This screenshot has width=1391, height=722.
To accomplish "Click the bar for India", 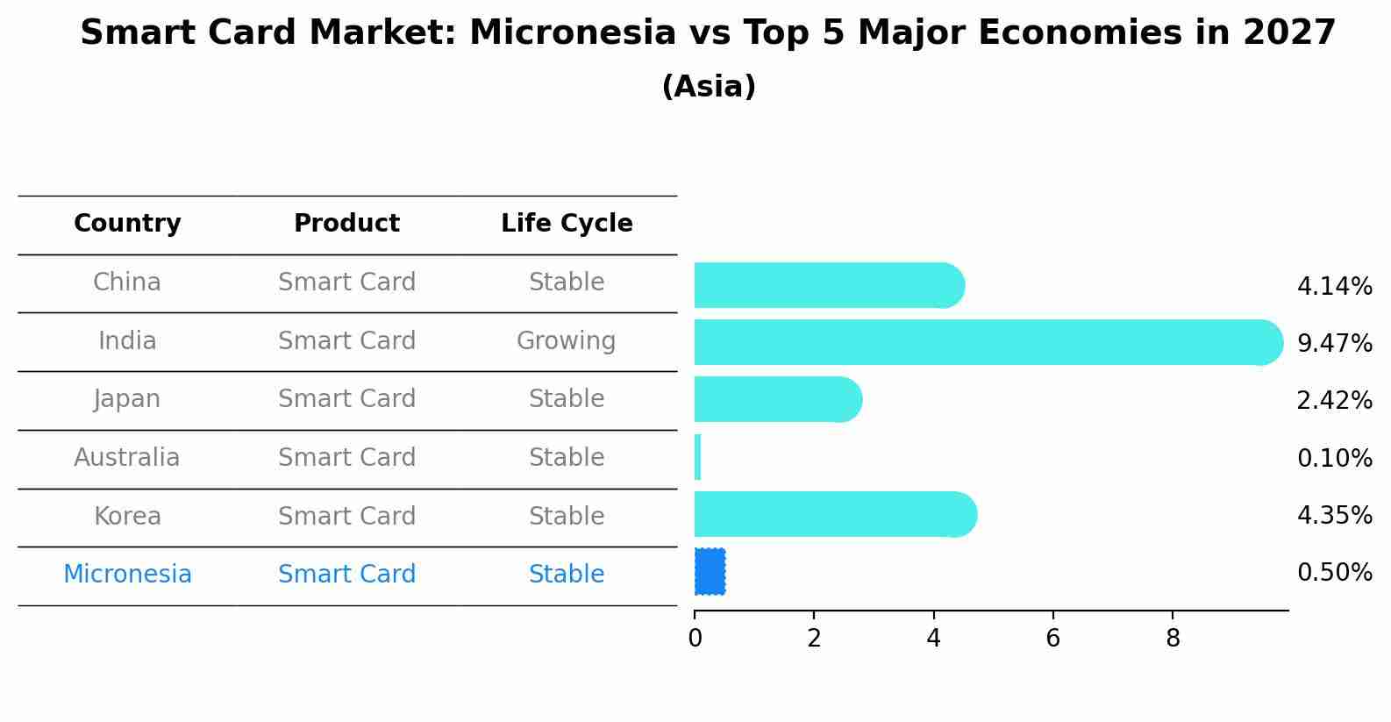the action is [x=988, y=342].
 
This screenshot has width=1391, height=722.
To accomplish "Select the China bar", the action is [x=830, y=285].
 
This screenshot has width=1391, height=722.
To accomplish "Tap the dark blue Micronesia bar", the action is [x=710, y=572].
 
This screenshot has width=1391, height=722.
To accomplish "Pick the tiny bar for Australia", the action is [x=697, y=457].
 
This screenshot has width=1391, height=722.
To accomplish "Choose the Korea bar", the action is [x=836, y=514].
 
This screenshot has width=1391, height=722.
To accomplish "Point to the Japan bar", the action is [x=778, y=399].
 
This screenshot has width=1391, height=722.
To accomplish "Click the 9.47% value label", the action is [x=1335, y=343].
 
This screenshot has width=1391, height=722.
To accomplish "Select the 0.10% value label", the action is [x=1335, y=458].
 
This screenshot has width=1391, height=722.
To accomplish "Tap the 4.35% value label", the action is [x=1335, y=515].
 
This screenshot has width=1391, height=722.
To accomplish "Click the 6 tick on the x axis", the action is [x=1052, y=638].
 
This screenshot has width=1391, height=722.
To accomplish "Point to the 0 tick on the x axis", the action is [x=695, y=638].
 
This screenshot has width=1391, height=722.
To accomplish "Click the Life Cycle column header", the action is [x=567, y=223].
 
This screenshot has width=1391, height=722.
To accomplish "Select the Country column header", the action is [x=127, y=223].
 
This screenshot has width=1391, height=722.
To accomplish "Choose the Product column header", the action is [x=346, y=223].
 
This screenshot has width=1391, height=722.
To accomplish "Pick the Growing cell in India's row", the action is [x=567, y=341].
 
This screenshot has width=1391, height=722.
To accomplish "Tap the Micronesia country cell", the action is [x=127, y=574].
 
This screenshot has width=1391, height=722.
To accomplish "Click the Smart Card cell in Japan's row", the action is [x=346, y=398].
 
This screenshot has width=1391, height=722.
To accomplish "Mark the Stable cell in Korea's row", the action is [x=567, y=516].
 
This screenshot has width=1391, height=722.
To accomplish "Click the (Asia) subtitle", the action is [x=709, y=86].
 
